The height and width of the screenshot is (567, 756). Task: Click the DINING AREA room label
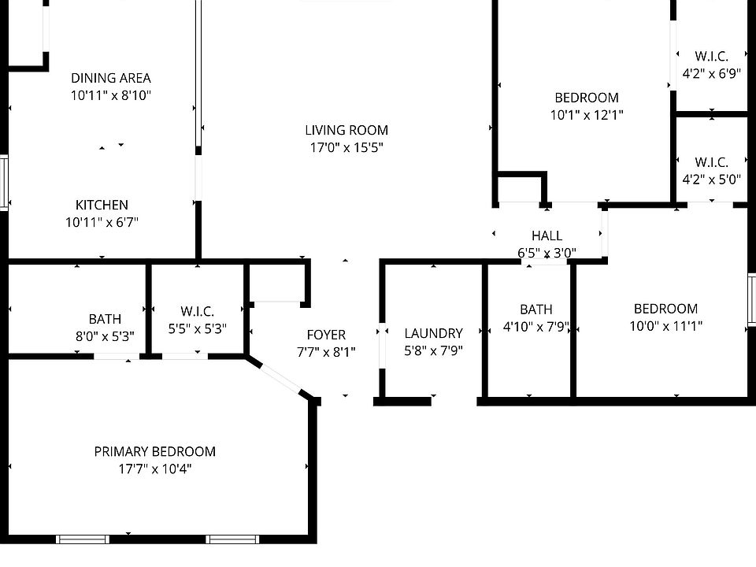(111, 78)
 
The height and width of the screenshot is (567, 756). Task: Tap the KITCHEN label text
(102, 205)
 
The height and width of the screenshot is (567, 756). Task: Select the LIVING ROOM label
(346, 130)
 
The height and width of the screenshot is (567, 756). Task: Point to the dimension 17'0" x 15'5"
(346, 147)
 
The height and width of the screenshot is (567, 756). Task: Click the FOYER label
(326, 335)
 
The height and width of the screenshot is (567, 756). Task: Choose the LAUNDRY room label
(433, 333)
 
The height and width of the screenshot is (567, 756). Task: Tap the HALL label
(547, 235)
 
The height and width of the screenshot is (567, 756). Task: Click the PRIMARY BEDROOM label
(155, 452)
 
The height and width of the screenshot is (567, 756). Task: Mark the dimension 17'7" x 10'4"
(155, 469)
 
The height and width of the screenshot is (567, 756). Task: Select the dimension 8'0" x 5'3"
(105, 336)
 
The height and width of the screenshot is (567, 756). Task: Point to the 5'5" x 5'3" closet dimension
(198, 329)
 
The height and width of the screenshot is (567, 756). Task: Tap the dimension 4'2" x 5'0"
(712, 180)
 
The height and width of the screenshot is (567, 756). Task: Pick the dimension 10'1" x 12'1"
(587, 115)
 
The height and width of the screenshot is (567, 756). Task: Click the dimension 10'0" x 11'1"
(666, 326)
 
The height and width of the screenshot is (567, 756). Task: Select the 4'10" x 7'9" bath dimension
(536, 327)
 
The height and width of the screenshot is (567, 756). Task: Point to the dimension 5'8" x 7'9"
(433, 350)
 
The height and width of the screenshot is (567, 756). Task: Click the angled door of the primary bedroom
(280, 379)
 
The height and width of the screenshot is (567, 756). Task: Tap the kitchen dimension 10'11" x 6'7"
(102, 222)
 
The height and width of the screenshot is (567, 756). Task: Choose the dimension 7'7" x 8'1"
(326, 352)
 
